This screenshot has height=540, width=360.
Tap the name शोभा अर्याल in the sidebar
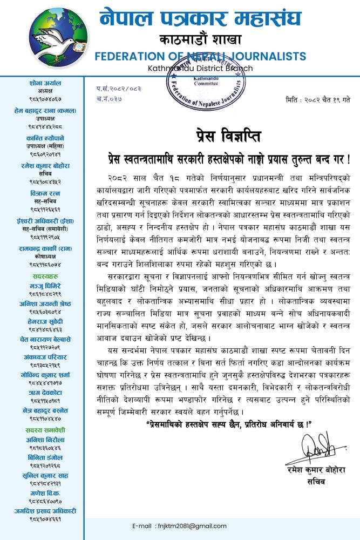click(x=45, y=83)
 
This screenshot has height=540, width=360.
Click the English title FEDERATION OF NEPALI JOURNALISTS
click(x=200, y=56)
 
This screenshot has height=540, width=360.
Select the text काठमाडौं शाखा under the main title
click(x=200, y=39)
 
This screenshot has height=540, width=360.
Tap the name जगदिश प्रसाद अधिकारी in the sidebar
click(x=45, y=510)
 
